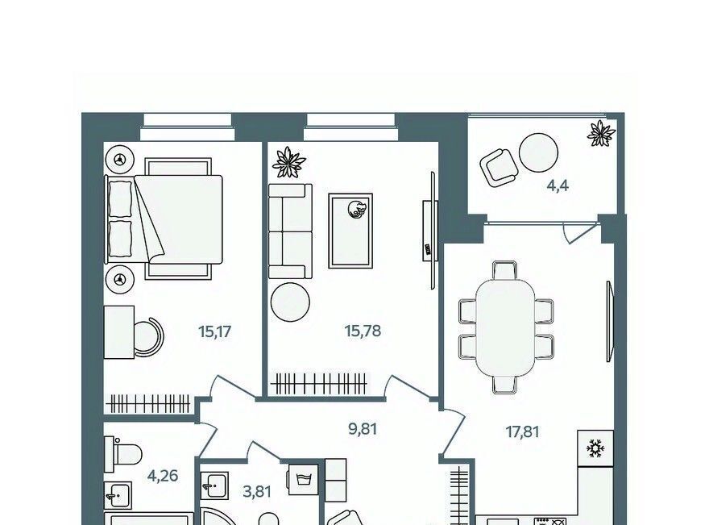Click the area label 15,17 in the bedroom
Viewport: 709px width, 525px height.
[x=215, y=331]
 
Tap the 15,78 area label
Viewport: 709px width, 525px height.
[x=363, y=331]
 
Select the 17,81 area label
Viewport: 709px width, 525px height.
[x=522, y=431]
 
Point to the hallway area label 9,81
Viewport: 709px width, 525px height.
[x=363, y=428]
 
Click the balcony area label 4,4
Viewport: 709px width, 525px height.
[x=558, y=185]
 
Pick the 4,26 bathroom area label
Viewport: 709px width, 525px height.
[x=163, y=476]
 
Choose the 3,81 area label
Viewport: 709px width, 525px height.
[x=257, y=491]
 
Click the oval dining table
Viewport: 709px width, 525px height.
[x=505, y=327]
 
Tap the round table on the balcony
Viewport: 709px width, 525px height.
[x=538, y=152]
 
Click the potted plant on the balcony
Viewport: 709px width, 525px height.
[x=601, y=133]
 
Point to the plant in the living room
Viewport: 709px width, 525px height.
[x=289, y=162]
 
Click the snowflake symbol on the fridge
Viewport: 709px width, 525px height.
[x=595, y=448]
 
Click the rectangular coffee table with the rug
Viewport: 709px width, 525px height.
[x=350, y=231]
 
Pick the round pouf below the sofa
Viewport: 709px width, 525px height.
[x=290, y=302]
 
